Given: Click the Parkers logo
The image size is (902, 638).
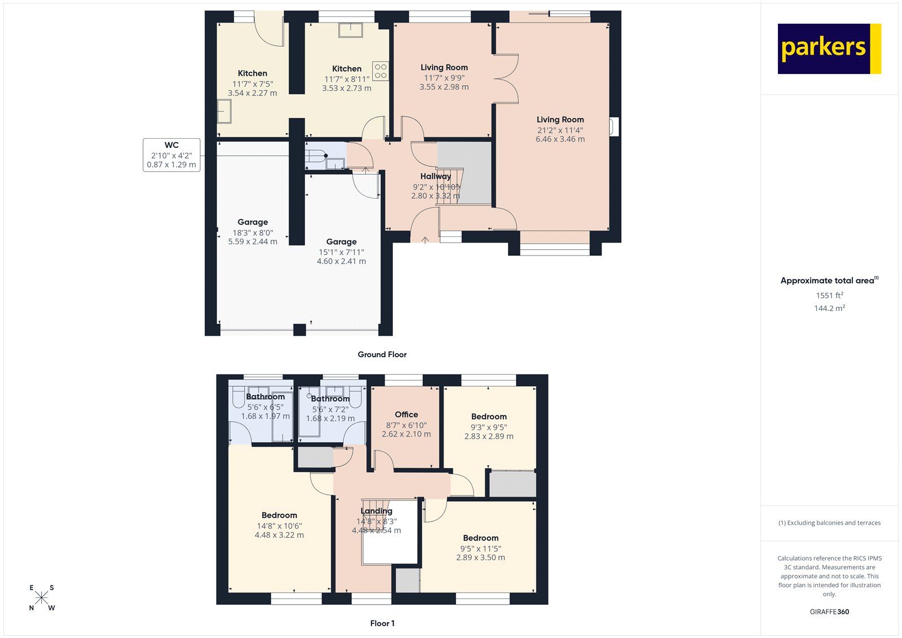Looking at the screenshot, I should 829,49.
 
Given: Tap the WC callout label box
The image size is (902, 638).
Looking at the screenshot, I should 171,155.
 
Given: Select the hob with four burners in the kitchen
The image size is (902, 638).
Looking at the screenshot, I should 381,71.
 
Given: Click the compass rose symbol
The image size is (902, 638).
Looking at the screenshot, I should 42,598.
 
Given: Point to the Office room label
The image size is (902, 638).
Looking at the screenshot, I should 406,415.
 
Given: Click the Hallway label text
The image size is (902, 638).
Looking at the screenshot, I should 435,177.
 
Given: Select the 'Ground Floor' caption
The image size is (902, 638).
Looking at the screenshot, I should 382,354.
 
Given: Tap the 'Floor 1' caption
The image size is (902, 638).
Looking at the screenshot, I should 382,623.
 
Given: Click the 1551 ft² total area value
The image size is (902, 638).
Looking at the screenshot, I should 829,295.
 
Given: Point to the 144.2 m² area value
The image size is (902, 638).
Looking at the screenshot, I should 829,308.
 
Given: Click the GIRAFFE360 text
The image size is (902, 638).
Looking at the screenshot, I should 829,611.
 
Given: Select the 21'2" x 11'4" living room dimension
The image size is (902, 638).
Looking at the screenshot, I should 560,130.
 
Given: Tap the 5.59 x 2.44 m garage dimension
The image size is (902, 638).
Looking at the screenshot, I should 253,241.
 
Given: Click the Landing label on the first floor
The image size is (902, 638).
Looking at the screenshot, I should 376,511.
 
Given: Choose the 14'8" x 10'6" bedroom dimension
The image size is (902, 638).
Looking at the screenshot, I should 279,526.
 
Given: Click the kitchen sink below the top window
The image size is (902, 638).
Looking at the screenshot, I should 350,30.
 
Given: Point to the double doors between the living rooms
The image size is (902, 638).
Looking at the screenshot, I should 506,79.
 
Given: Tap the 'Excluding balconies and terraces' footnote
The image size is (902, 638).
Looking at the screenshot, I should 829,523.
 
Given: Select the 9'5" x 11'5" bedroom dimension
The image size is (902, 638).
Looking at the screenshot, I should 480,548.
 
